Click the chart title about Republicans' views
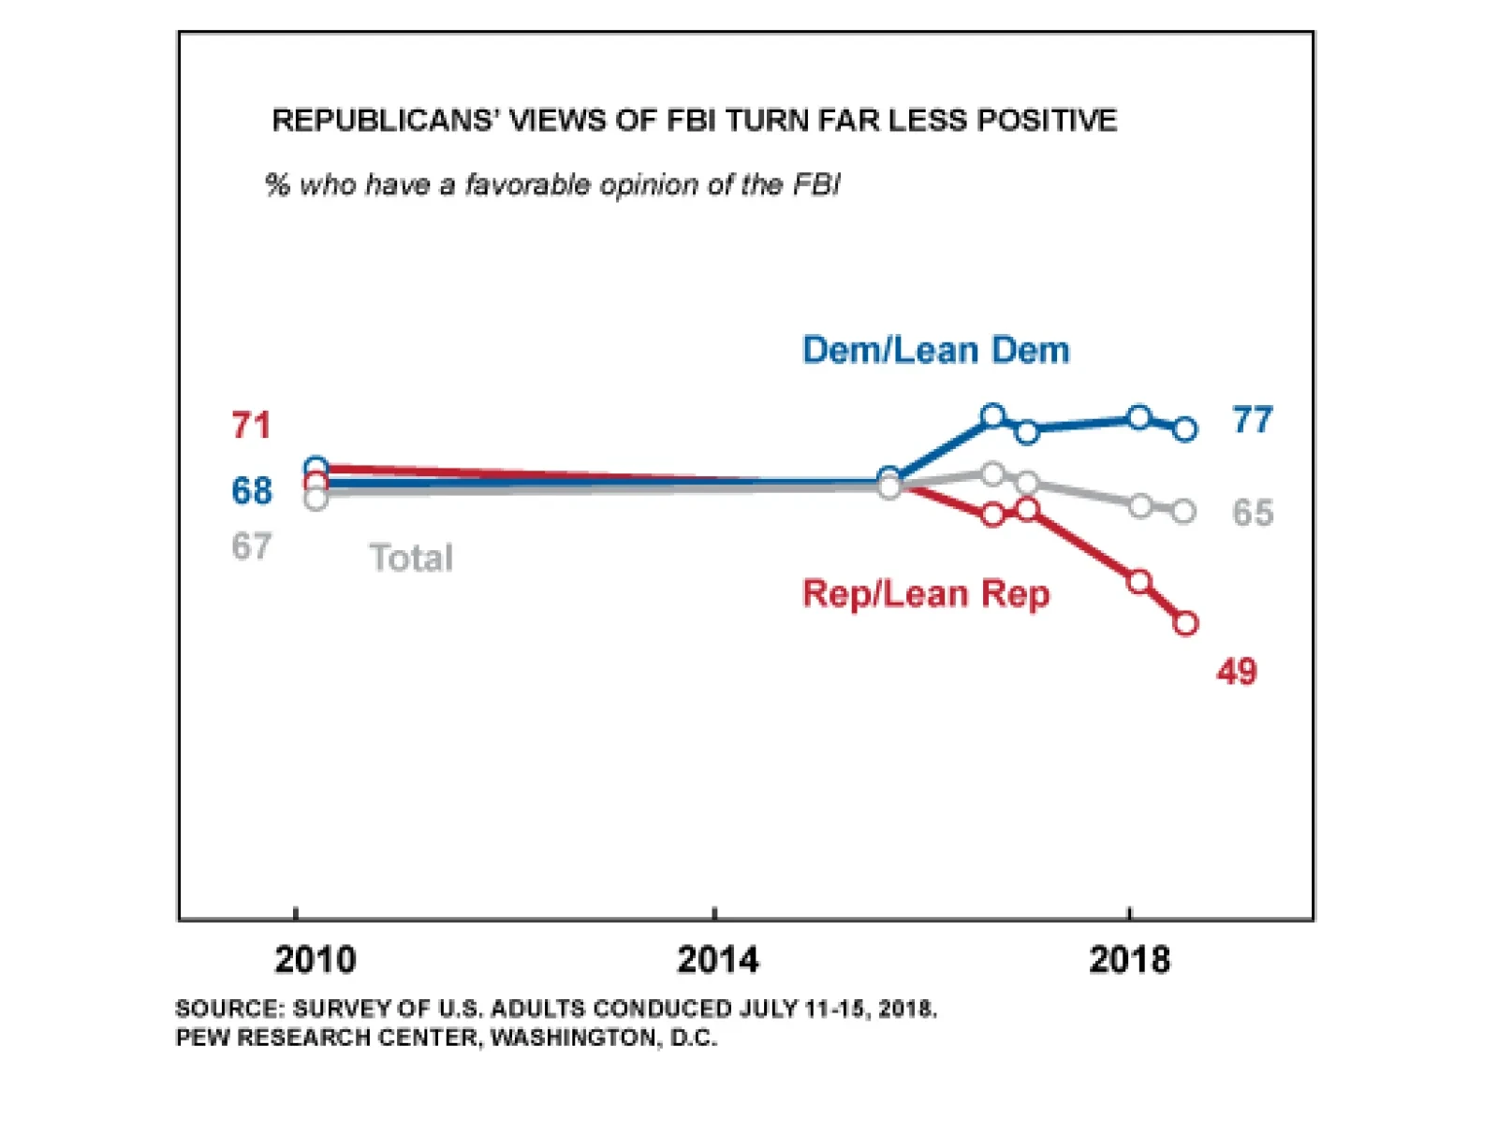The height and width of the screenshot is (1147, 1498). coord(694,121)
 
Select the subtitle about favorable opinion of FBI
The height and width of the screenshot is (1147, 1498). coord(552,184)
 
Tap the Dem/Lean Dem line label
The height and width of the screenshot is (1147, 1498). coord(935,350)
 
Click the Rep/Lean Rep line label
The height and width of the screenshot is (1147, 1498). coord(926,594)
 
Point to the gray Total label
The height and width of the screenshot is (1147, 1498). coord(411,558)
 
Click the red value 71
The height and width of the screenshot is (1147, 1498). coord(251,426)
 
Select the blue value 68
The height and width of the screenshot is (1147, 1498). coord(252,490)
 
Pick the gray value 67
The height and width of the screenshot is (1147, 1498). coord(252,546)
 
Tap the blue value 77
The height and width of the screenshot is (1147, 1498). coord(1253,420)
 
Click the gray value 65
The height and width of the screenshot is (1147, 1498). coord(1253,513)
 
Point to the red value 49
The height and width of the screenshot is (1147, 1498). coord(1237,672)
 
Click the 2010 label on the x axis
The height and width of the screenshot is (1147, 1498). coord(315,960)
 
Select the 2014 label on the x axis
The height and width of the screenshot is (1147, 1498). coord(717,960)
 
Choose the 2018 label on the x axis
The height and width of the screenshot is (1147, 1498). coord(1129,960)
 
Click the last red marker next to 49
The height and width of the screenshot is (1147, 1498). coord(1185,623)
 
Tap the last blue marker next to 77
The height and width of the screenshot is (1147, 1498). coord(1184,429)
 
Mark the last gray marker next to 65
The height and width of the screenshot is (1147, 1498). coord(1183,511)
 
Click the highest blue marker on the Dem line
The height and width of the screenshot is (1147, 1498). coord(993,415)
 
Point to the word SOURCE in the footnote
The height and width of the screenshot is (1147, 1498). coord(228,1009)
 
